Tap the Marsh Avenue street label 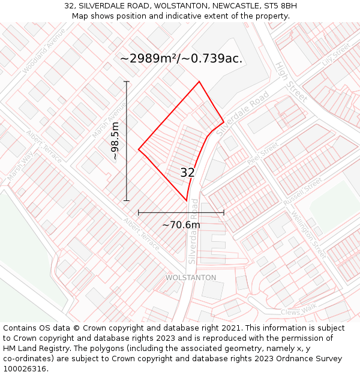tap(109, 120)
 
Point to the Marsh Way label tap(20, 166)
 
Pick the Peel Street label tap(263, 154)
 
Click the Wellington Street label tap(308, 234)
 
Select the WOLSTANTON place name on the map tap(190, 278)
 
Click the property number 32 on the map tap(187, 173)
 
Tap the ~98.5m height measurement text tap(115, 140)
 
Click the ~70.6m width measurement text tap(181, 225)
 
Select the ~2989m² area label tap(181, 58)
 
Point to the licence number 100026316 tap(25, 368)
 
